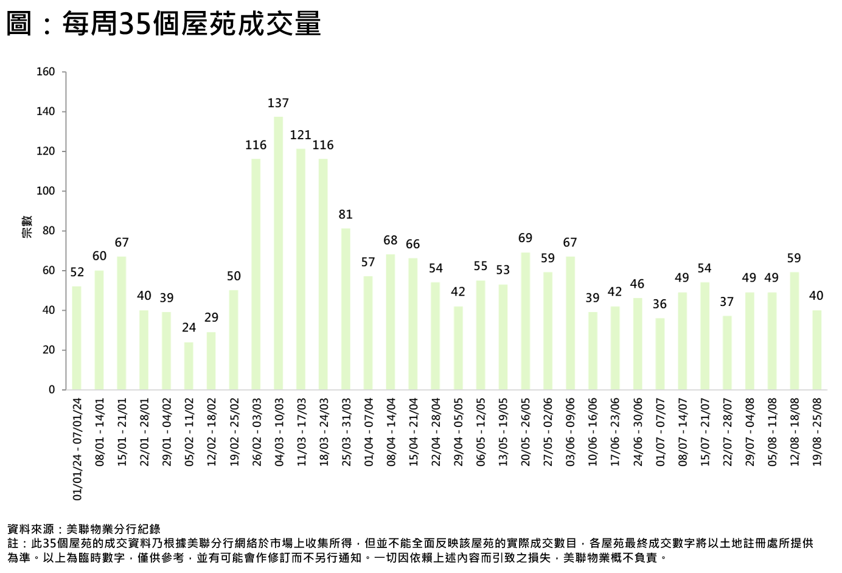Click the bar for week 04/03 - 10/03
[279, 253]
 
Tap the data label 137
[279, 103]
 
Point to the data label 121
[301, 135]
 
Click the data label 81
[346, 215]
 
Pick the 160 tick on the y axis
[46, 72]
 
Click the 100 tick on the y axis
[46, 191]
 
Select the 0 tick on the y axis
[52, 390]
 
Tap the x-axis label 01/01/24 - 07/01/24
[77, 450]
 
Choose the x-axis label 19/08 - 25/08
[817, 432]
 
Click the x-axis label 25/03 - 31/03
[346, 432]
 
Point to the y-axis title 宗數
[27, 226]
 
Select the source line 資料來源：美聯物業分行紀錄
[84, 529]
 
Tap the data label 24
[189, 328]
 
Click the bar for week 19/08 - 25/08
[816, 350]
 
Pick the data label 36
[659, 304]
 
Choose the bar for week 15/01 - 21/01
[122, 323]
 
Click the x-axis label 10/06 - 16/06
[593, 432]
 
